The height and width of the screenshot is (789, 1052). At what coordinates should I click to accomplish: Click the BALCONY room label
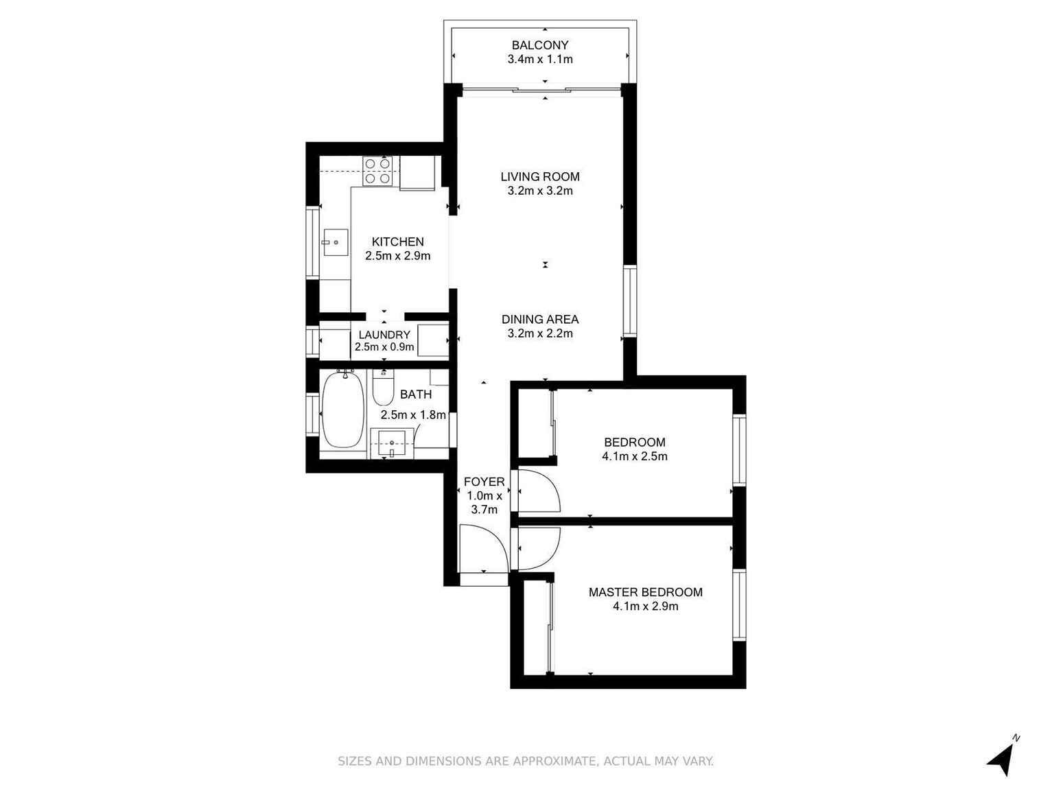539,45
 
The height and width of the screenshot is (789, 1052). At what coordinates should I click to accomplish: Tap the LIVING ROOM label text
539,176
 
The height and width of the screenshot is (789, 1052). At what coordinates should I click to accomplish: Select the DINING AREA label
539,319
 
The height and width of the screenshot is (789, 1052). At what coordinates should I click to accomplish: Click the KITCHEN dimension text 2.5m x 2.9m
397,256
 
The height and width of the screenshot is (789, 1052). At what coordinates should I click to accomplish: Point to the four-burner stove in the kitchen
377,171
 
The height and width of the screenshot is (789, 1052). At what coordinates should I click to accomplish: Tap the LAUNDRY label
384,335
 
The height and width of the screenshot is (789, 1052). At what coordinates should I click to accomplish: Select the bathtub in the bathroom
342,410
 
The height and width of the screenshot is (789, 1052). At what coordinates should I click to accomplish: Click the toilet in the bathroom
383,389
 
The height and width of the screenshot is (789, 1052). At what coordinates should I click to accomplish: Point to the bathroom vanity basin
392,442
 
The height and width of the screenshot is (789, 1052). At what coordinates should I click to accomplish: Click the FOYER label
484,482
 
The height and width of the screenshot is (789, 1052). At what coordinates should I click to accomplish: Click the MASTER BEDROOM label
645,592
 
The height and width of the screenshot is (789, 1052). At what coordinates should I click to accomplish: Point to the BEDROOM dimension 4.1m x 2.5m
634,456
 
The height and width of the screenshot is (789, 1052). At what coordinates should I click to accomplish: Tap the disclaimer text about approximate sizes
526,761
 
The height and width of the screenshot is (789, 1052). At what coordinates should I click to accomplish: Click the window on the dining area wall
629,301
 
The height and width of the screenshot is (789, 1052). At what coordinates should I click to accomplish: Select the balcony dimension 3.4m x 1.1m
539,59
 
